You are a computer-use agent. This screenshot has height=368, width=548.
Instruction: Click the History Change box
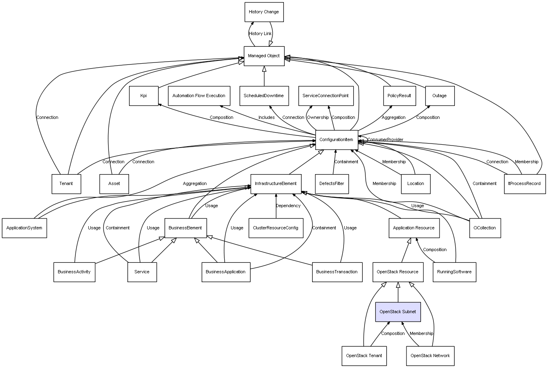[x=264, y=12]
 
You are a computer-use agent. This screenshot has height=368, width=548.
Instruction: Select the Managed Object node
[x=264, y=56]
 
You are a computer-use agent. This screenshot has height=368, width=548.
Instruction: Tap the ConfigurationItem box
[x=336, y=140]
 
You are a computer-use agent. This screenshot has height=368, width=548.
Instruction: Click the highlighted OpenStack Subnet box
[x=398, y=312]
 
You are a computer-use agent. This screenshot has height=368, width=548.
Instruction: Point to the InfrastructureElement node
[x=276, y=184]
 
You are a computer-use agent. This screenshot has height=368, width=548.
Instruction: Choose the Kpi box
[x=144, y=96]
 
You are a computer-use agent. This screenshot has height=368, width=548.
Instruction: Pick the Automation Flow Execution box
[x=199, y=96]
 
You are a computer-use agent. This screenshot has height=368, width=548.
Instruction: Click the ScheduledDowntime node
[x=264, y=96]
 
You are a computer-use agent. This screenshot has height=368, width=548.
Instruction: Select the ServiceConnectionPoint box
[x=326, y=96]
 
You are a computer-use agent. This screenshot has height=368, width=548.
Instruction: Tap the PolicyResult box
[x=399, y=96]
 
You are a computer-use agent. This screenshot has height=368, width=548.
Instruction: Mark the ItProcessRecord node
[x=525, y=184]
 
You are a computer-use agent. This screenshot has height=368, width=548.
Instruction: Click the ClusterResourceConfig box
[x=276, y=228]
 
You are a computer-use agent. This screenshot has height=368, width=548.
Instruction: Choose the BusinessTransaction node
[x=337, y=272]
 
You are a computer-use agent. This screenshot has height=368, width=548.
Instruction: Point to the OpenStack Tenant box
[x=364, y=356]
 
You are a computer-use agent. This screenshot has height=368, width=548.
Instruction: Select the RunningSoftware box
[x=454, y=272]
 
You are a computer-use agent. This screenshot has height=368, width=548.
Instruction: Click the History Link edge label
[x=260, y=34]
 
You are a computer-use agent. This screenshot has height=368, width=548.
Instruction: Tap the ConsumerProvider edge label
[x=385, y=140]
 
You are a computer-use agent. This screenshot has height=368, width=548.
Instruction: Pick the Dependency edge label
[x=288, y=206]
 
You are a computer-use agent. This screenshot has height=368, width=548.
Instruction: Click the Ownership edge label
[x=318, y=118]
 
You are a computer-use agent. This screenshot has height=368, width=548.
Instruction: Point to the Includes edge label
[x=267, y=118]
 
